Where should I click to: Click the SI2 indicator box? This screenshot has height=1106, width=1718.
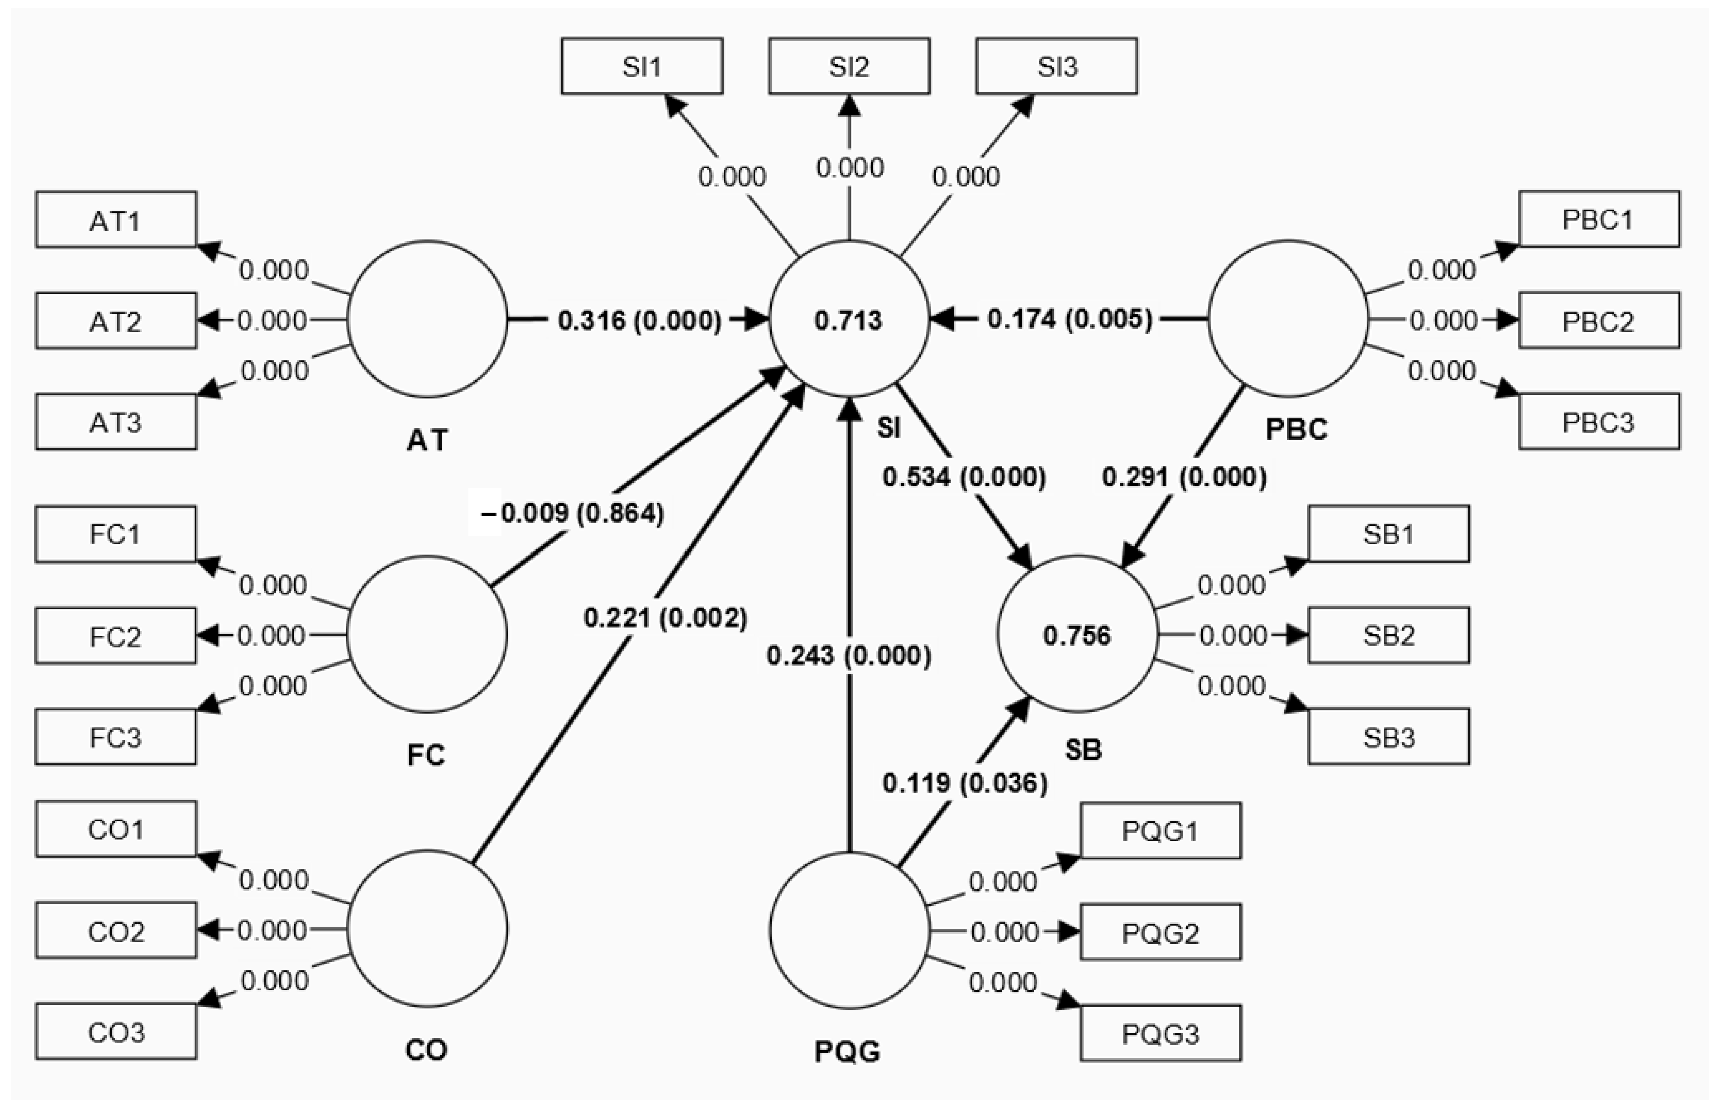tap(849, 66)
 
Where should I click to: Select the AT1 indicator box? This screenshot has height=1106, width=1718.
tap(116, 220)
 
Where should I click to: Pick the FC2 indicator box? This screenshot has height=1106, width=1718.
tap(116, 636)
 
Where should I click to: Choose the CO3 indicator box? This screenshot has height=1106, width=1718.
tap(116, 1032)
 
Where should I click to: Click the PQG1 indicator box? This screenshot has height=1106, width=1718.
tap(1160, 831)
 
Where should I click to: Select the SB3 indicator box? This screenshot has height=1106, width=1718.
tap(1388, 737)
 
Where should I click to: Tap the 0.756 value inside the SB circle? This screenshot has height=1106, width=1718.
tap(1077, 635)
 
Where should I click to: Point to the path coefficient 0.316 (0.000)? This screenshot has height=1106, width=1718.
tap(639, 320)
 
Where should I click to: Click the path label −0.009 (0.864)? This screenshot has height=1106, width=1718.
tap(573, 513)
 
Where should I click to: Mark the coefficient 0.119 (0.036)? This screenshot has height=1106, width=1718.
tap(964, 783)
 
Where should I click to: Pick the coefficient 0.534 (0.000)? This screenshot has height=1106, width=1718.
tap(963, 477)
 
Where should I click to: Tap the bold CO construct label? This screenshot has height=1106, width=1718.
tap(426, 1050)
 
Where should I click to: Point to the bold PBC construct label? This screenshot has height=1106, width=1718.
tap(1296, 429)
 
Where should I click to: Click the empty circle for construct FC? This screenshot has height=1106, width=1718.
tap(427, 634)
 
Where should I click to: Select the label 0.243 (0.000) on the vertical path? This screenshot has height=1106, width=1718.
tap(849, 655)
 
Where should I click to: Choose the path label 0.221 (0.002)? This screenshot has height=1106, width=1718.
tap(664, 618)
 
